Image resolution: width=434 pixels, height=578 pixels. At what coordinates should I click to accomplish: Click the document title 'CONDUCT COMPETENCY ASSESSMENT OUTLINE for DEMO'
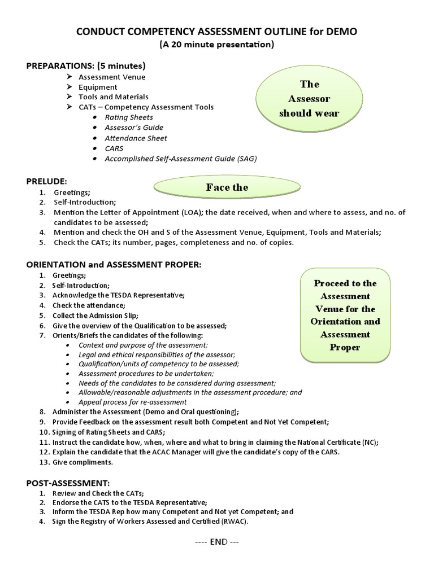click(x=218, y=33)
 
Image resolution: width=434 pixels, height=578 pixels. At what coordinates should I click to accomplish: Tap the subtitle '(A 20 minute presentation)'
click(x=218, y=45)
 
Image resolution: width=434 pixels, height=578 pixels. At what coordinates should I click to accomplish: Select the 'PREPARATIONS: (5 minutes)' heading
click(x=86, y=66)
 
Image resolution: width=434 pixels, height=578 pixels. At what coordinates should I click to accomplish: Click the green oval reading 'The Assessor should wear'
click(x=309, y=99)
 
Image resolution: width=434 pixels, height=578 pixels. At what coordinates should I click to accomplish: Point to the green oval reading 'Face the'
click(x=227, y=187)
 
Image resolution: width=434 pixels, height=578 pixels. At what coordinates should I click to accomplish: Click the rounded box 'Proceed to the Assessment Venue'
click(x=345, y=315)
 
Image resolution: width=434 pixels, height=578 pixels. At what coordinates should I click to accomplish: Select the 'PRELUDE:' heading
click(x=47, y=181)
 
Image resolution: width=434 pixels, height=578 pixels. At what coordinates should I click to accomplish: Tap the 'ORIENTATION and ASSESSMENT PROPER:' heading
click(x=114, y=265)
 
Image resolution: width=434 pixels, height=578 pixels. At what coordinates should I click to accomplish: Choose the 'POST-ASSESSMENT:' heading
click(x=68, y=483)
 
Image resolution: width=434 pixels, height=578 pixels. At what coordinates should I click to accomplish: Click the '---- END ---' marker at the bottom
click(x=217, y=541)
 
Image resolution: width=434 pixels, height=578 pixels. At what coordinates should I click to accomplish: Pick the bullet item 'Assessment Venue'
click(x=111, y=77)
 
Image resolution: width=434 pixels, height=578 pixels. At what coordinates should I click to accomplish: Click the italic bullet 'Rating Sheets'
click(x=128, y=117)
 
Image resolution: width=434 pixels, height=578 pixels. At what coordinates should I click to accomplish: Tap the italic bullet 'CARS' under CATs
click(x=114, y=148)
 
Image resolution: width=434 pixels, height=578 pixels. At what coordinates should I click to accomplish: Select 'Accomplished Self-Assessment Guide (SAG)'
click(x=180, y=159)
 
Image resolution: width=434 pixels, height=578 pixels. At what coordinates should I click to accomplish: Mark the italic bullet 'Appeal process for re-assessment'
click(x=132, y=402)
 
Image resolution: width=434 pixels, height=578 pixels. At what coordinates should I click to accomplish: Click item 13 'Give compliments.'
click(x=83, y=462)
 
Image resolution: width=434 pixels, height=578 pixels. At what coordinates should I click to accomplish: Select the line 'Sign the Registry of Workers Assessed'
click(x=150, y=522)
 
